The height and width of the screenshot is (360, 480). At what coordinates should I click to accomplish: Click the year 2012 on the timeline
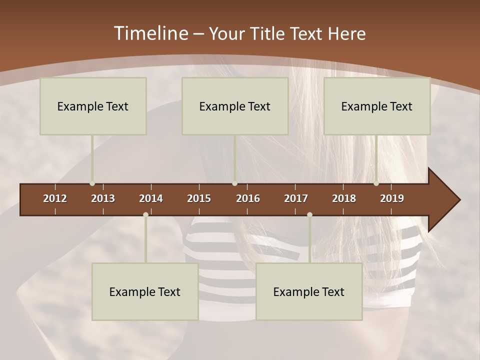point(55,198)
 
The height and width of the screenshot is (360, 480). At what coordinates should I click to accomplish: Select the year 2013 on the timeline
point(103,198)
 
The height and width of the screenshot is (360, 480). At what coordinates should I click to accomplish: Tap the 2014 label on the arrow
point(151,198)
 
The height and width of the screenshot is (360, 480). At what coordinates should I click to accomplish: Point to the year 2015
point(199,198)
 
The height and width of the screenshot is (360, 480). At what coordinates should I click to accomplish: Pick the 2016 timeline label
point(248,198)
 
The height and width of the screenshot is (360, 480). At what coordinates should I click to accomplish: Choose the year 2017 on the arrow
point(296,198)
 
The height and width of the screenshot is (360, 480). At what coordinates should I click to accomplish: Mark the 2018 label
point(344,198)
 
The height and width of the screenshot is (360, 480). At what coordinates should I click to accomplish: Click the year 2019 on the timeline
point(392,198)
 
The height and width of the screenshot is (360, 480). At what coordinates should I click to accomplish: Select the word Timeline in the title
point(150,33)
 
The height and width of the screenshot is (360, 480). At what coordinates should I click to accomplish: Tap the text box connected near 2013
point(93,106)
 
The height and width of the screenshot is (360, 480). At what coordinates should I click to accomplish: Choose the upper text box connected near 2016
point(235,106)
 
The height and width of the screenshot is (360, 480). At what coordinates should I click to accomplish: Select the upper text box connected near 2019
point(377,106)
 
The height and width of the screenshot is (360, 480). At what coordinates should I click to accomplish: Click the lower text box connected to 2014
point(145,291)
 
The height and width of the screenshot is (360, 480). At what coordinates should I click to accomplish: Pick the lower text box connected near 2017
point(309,291)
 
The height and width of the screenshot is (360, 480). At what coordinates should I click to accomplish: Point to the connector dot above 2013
point(92,183)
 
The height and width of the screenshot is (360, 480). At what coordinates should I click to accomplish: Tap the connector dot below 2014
point(145,214)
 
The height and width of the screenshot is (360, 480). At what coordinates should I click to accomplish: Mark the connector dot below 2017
point(309,214)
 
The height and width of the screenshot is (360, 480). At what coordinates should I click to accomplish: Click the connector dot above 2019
point(376,183)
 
